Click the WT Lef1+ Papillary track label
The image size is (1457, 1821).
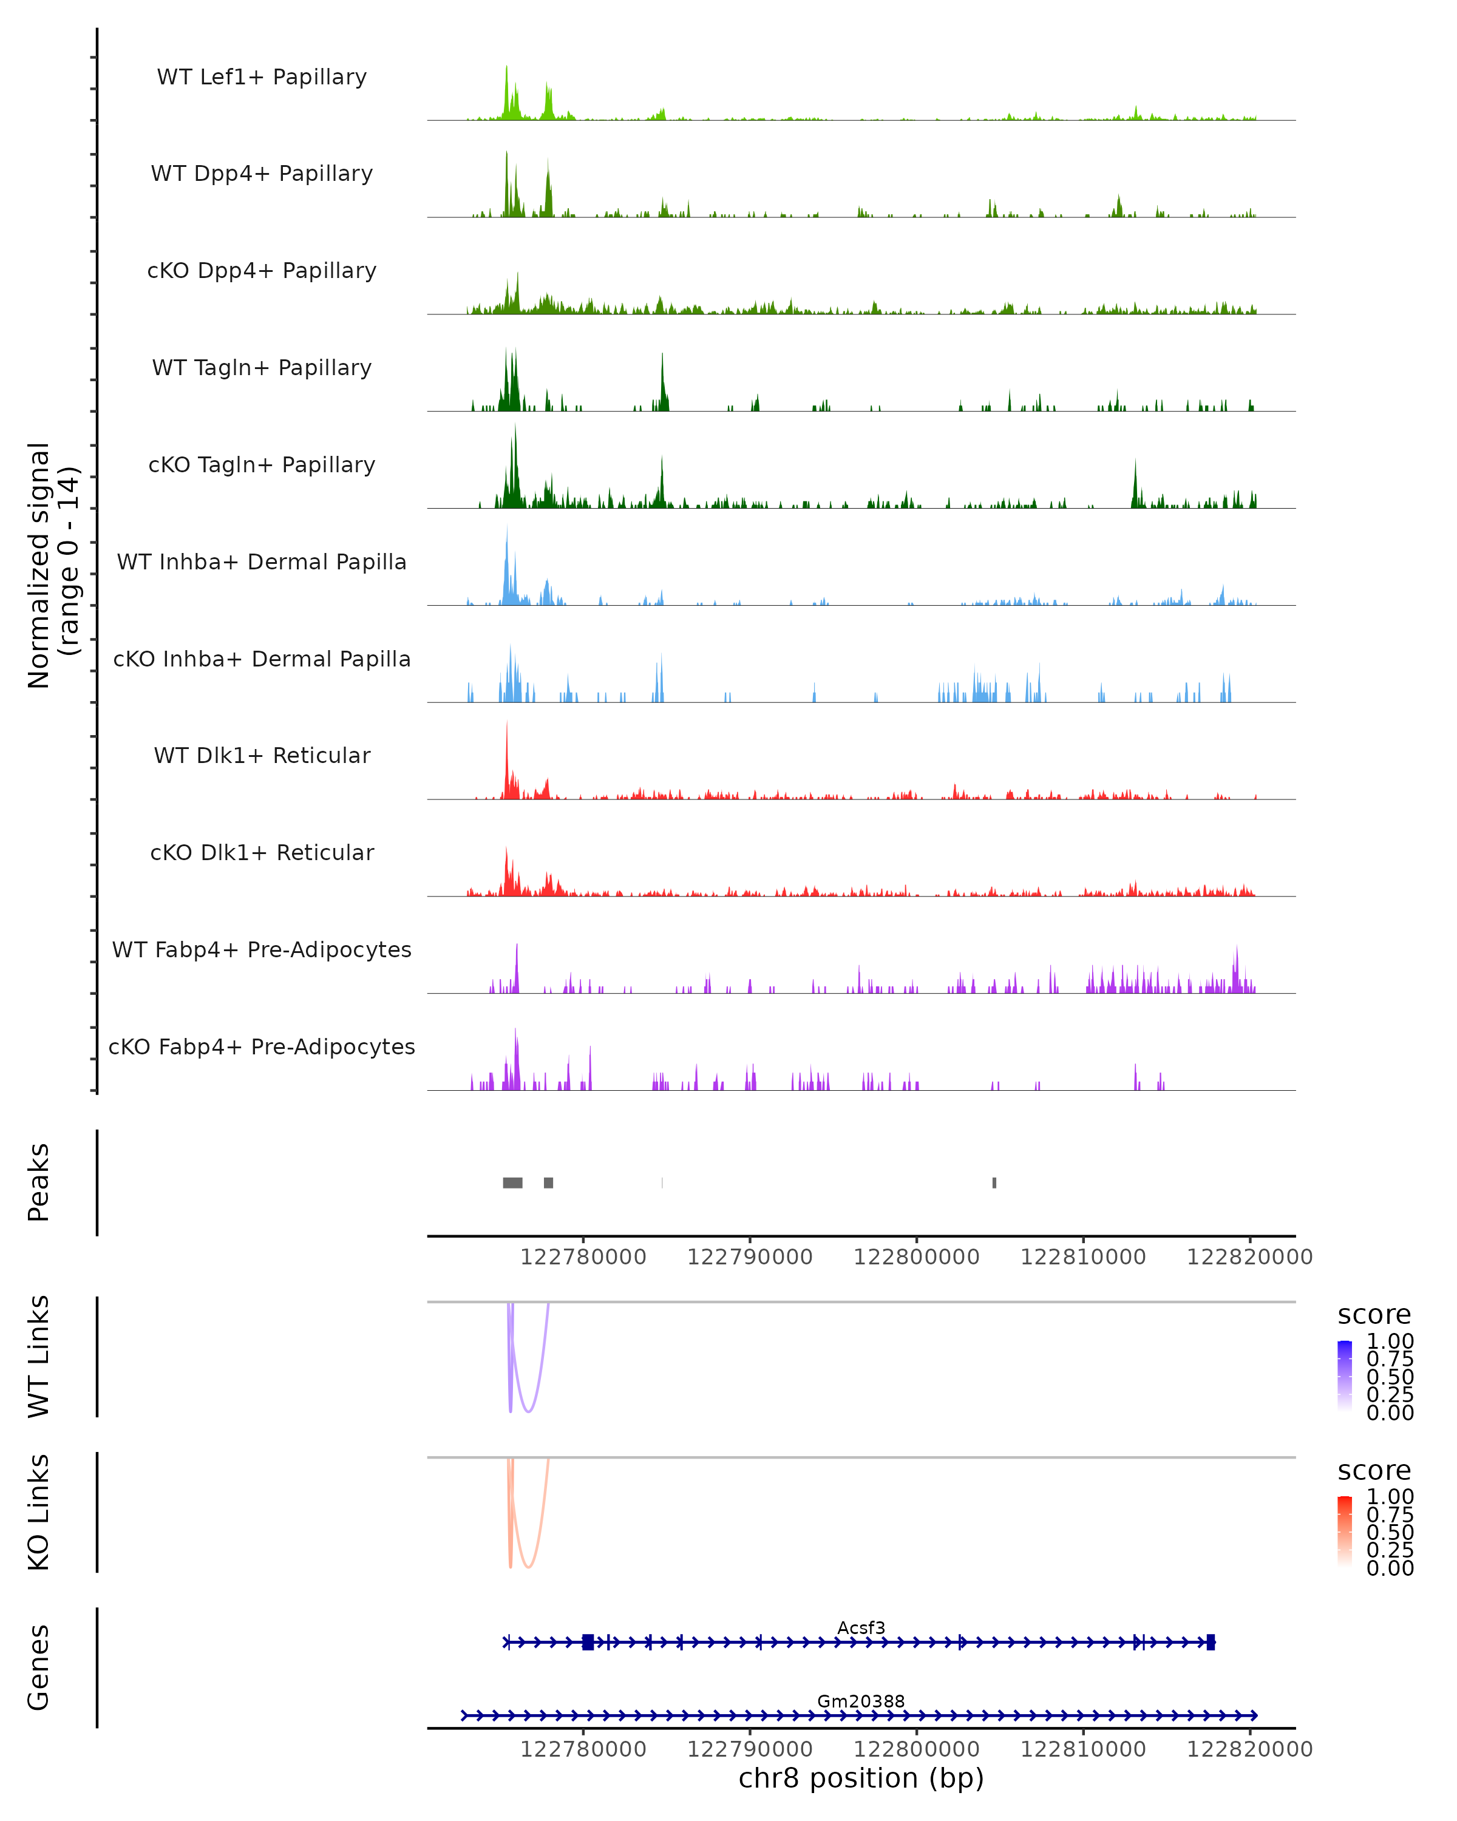[x=262, y=77]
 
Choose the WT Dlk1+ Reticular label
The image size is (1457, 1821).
[x=262, y=755]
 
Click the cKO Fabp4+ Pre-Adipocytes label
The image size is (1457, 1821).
[x=262, y=1046]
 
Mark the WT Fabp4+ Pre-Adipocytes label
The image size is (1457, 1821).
[x=262, y=949]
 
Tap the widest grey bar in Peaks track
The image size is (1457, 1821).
[x=513, y=1182]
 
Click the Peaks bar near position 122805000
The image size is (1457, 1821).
[x=994, y=1182]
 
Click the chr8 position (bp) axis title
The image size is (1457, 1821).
[x=861, y=1778]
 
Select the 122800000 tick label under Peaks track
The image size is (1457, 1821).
[x=917, y=1257]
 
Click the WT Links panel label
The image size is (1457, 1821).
[x=39, y=1357]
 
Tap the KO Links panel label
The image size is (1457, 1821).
[x=39, y=1512]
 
